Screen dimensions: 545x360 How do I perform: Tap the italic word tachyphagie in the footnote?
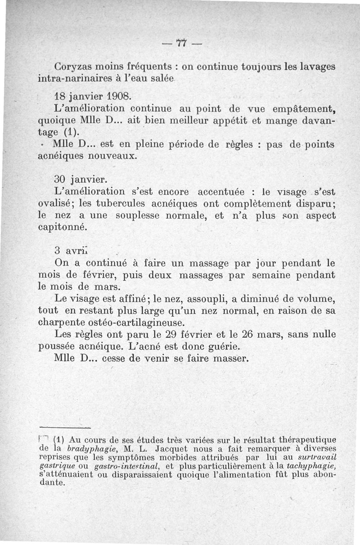(x=314, y=465)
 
